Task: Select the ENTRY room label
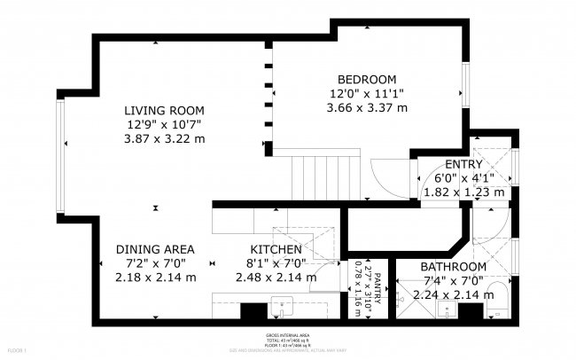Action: (463, 164)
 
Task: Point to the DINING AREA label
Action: (155, 249)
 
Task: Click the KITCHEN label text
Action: (276, 249)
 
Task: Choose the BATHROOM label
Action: (453, 267)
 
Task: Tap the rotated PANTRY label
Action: (377, 288)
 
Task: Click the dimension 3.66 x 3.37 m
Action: (367, 108)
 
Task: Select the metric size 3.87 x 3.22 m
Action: (164, 139)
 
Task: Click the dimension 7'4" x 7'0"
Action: (453, 281)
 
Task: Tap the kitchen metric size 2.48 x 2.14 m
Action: (276, 278)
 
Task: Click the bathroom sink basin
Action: (447, 309)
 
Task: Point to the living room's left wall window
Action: (60, 157)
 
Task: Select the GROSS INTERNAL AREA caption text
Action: (287, 336)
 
